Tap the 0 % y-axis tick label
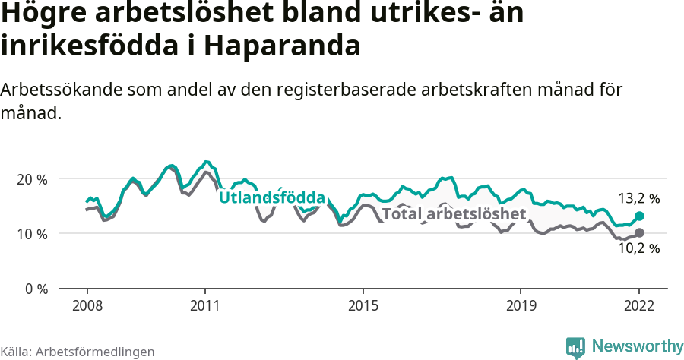click(36, 289)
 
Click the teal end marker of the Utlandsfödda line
click(640, 216)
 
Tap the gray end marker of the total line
click(640, 232)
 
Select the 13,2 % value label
click(638, 199)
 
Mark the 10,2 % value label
click(638, 248)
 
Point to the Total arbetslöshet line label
click(454, 214)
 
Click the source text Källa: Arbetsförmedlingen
click(78, 352)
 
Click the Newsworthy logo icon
click(575, 347)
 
